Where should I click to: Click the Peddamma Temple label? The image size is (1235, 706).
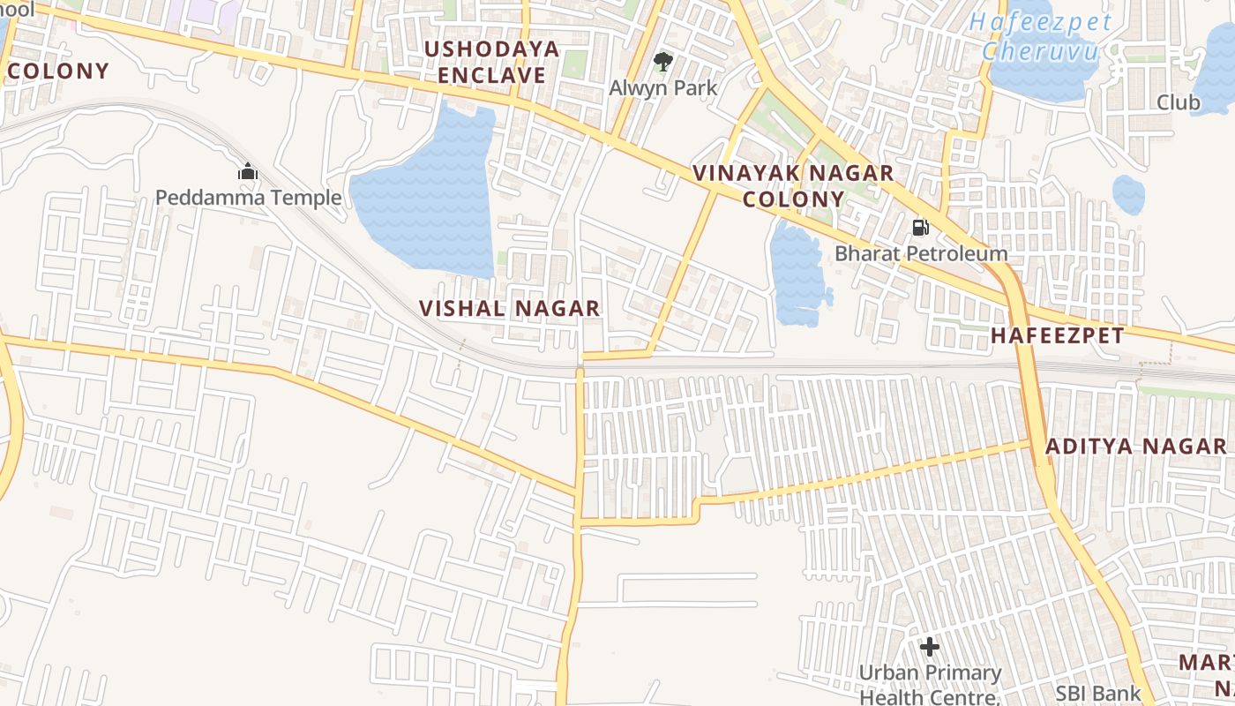coord(248,197)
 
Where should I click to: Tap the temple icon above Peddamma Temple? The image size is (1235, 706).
coord(248,170)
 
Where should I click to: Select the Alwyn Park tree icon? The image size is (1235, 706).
coord(662,61)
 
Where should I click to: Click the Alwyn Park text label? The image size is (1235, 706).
coord(663,88)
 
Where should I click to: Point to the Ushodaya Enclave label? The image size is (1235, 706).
coord(491,62)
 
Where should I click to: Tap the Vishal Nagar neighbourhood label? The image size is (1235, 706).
coord(510,308)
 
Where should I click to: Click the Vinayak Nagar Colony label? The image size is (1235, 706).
coord(793,185)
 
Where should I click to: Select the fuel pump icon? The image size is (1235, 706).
coord(920,228)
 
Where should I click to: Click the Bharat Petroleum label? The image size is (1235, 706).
coord(921,254)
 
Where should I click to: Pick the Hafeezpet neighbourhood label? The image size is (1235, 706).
coord(1057,335)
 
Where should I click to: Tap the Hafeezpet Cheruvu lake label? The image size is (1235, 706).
coord(1040,37)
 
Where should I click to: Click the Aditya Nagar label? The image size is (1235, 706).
coord(1135,446)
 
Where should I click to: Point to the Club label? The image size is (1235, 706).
coord(1179,102)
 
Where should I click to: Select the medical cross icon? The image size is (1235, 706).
coord(929,647)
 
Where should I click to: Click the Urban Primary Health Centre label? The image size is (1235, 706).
coord(930,685)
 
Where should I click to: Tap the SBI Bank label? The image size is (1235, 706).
coord(1097,694)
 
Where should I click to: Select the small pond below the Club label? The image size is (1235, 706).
coord(1128,194)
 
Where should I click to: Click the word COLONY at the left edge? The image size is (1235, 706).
coord(58,71)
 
